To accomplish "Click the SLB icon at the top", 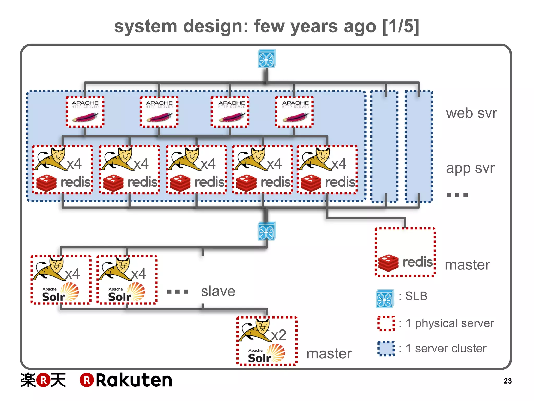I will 266,58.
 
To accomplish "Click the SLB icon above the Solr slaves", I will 266,231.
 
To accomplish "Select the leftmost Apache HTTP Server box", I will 85,112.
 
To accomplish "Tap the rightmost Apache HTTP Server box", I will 294,112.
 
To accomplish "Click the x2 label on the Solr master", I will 278,335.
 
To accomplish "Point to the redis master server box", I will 405,252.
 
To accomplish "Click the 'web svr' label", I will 471,113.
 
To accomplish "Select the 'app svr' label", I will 470,168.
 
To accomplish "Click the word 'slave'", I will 218,291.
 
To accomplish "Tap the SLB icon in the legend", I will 385,299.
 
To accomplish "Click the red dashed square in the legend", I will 386,323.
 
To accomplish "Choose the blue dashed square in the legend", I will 386,349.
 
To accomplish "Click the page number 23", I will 507,381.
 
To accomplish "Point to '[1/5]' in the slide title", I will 401,26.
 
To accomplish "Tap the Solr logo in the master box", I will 266,354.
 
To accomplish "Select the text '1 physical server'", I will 450,323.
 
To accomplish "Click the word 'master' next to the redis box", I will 467,265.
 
